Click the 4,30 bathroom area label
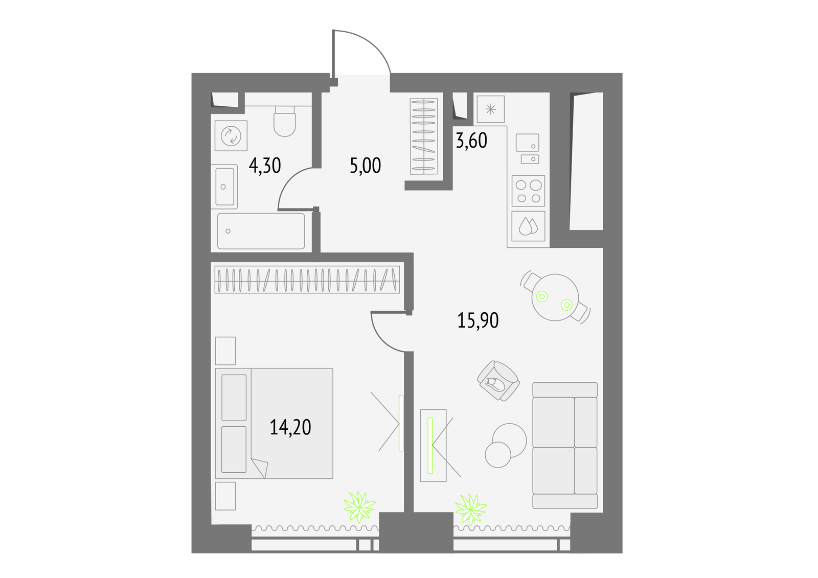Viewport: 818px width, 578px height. [265, 166]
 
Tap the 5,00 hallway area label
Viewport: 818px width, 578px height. [365, 166]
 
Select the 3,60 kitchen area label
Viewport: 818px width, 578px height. [471, 141]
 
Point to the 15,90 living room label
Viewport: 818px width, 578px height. [478, 320]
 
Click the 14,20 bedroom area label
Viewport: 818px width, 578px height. [290, 427]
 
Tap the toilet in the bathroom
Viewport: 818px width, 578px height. [284, 121]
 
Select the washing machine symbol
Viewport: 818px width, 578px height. [231, 136]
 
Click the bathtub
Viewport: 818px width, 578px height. [261, 231]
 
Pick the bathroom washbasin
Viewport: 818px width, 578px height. [224, 187]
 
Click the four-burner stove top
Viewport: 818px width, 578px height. [528, 191]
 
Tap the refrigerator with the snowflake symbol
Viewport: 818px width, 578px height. [490, 109]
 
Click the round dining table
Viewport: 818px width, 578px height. [555, 297]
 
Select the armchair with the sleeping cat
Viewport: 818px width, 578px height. [498, 381]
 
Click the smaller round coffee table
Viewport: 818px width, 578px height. [498, 455]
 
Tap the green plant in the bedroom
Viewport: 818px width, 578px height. [359, 507]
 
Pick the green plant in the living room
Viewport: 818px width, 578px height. [471, 510]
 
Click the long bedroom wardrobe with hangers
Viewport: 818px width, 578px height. [307, 280]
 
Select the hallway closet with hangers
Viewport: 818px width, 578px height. [424, 136]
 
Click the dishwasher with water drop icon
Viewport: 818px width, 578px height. [528, 226]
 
